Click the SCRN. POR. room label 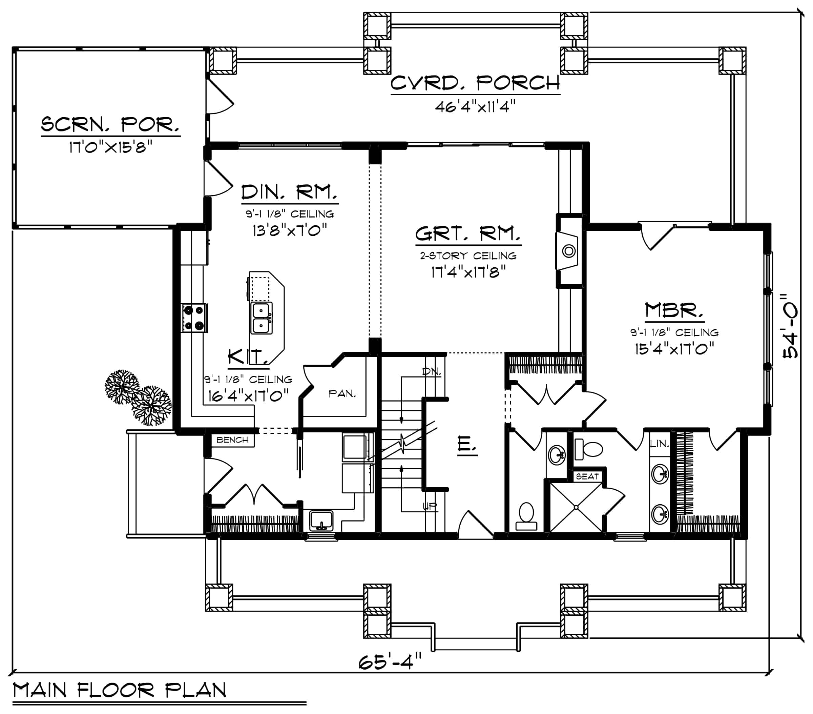[110, 125]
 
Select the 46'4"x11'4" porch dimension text [475, 107]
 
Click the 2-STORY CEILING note [468, 256]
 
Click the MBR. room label [674, 311]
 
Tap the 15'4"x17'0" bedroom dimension [674, 349]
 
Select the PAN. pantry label [342, 394]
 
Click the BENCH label [232, 440]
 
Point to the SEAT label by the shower [587, 476]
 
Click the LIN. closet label [660, 444]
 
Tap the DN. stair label [432, 372]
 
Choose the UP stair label [430, 506]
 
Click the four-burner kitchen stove [194, 318]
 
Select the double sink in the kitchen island [261, 318]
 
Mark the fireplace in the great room [569, 251]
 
